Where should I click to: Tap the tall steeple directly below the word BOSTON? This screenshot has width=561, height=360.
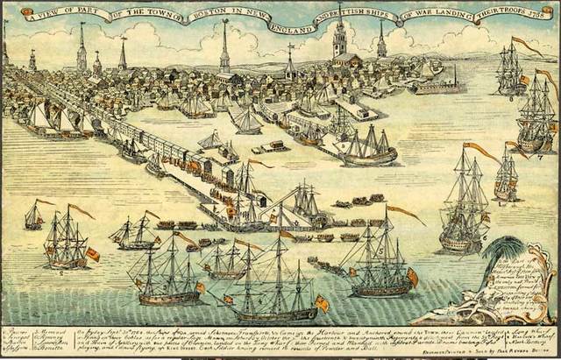[x=225, y=48]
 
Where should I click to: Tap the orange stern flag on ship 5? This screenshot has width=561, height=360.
[x=412, y=276]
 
